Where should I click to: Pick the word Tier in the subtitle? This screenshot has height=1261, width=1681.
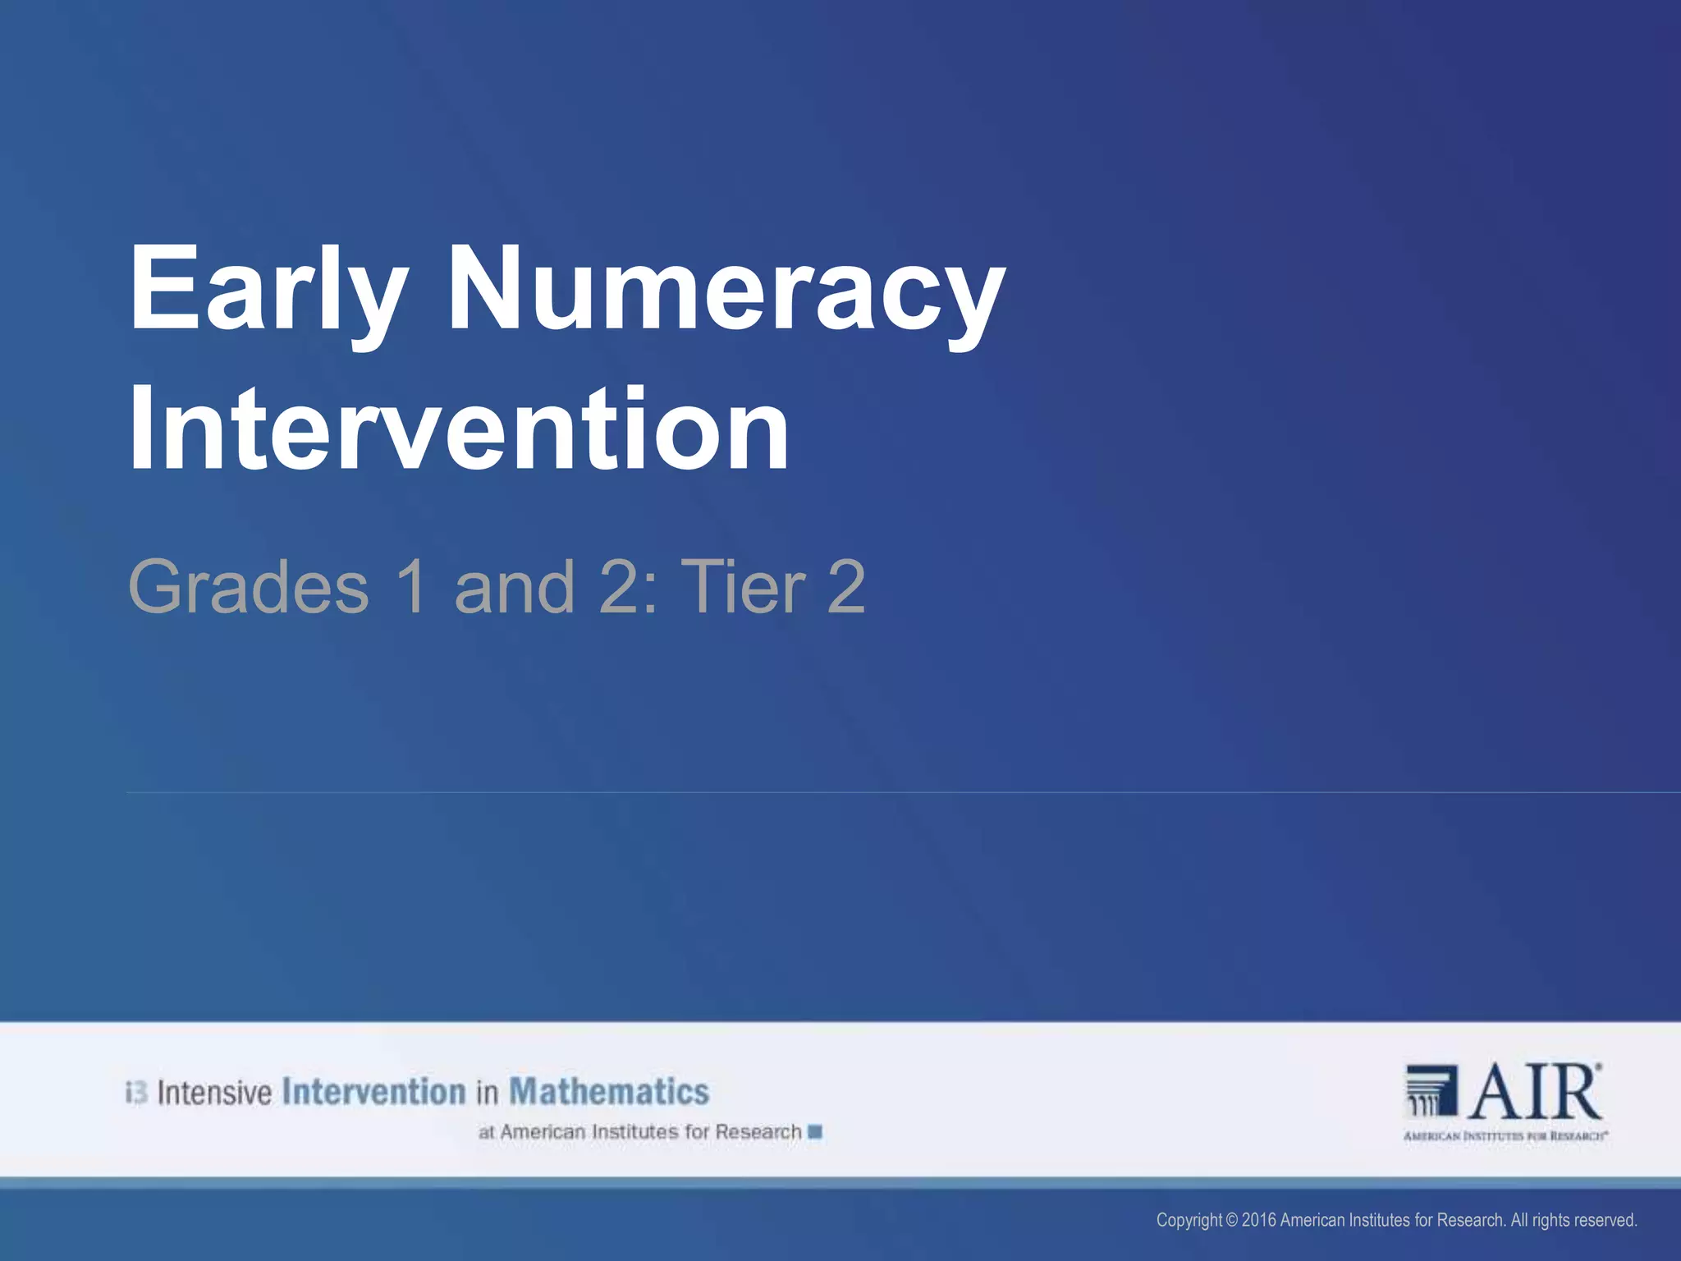coord(744,586)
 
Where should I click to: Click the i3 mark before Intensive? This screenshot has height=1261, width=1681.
coord(136,1093)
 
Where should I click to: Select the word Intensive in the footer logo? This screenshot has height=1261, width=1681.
coord(214,1093)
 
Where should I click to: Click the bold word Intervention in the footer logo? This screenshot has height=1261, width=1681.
coord(373,1092)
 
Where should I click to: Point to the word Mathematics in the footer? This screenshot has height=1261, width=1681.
coord(609,1092)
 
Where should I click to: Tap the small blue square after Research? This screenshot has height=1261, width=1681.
coord(815,1132)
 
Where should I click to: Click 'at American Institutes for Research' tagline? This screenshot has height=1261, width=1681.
coord(639,1132)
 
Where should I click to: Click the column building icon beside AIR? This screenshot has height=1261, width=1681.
coord(1431,1091)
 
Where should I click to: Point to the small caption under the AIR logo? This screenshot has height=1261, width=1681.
coord(1505,1136)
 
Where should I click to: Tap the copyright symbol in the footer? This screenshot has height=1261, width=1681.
coord(1231,1220)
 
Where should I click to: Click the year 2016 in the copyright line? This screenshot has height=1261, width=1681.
coord(1259,1220)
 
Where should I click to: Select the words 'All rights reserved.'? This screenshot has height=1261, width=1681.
coord(1573,1220)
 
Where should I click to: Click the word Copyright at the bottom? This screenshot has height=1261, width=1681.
coord(1189,1220)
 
